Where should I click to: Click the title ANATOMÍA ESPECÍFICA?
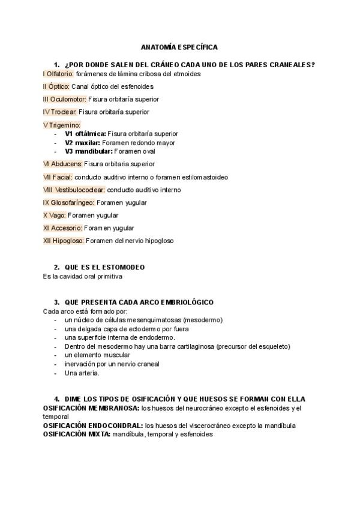179,46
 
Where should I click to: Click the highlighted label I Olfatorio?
58,74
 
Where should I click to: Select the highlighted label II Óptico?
56,86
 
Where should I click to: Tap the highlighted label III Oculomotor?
65,99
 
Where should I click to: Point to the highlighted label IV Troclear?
59,112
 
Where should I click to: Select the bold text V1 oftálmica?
85,133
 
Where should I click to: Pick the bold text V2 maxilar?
83,143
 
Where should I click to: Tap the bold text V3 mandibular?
88,152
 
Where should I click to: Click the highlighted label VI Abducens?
62,163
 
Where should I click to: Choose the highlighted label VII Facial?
58,177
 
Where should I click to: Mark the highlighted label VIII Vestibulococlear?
74,190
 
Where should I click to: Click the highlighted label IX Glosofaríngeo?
68,203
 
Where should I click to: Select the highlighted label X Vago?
54,215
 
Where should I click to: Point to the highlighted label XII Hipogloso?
63,241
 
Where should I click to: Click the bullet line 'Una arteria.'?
82,373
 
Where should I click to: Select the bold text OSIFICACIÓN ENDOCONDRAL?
93,426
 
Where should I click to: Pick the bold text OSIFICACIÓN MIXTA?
76,434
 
